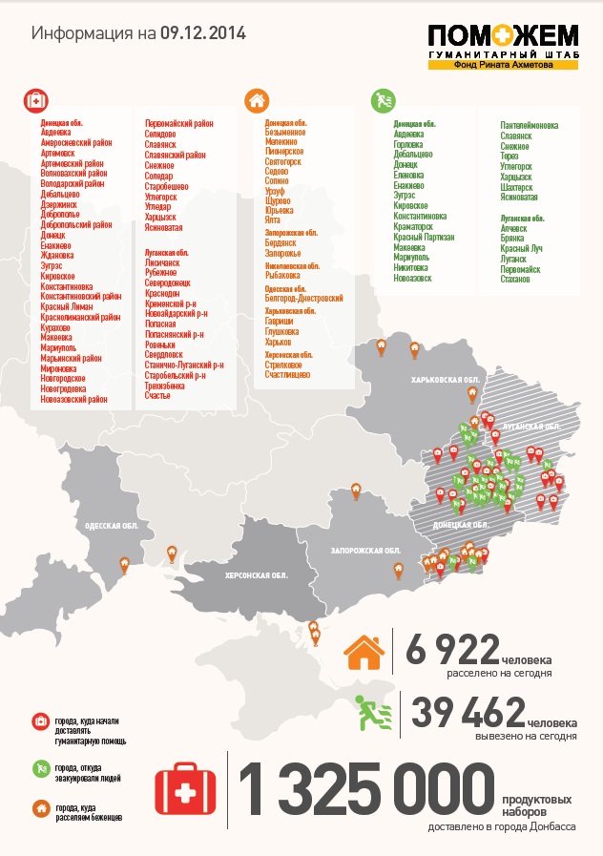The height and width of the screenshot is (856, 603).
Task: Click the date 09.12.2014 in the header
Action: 202,33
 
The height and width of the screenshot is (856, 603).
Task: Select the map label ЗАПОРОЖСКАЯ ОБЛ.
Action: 365,551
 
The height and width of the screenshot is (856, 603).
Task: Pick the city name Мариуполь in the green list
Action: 411,258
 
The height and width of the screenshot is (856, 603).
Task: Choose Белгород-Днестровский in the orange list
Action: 303,299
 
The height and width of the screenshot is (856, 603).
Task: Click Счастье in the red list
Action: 157,394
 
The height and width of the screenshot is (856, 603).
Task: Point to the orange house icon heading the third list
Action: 256,99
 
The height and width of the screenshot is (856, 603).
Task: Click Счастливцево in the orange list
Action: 287,374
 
